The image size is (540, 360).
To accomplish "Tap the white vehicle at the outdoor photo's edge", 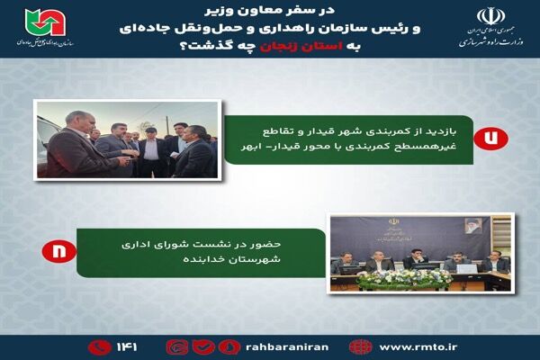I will pos(50,135).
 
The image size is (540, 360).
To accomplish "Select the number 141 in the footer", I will pos(123,346).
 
